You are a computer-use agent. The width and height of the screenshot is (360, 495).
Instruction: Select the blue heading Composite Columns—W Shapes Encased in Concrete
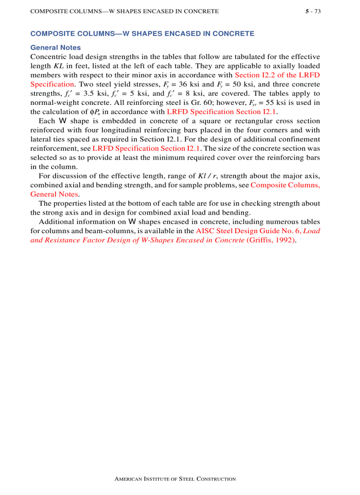(x=142, y=33)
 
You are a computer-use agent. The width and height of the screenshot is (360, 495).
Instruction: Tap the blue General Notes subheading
(x=56, y=48)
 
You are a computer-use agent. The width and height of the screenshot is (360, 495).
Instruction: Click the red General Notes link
(x=54, y=194)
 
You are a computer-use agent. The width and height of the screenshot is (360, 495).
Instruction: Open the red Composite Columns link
(x=285, y=185)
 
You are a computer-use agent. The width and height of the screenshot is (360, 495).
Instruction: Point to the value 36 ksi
(x=188, y=84)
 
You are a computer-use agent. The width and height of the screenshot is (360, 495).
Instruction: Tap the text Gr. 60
(x=196, y=103)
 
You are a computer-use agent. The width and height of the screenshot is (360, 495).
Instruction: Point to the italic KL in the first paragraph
(x=58, y=66)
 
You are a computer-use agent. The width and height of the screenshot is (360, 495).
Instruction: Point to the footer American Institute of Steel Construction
(x=175, y=479)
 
